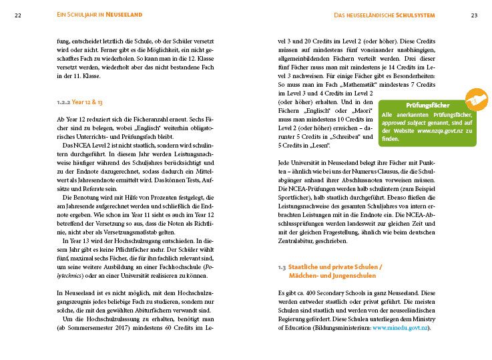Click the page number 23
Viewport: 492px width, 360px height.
point(474,15)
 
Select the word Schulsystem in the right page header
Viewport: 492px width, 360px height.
point(439,15)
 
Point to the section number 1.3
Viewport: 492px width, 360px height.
point(282,267)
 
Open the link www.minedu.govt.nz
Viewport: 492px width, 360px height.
point(401,329)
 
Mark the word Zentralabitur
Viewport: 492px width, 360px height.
point(302,241)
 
